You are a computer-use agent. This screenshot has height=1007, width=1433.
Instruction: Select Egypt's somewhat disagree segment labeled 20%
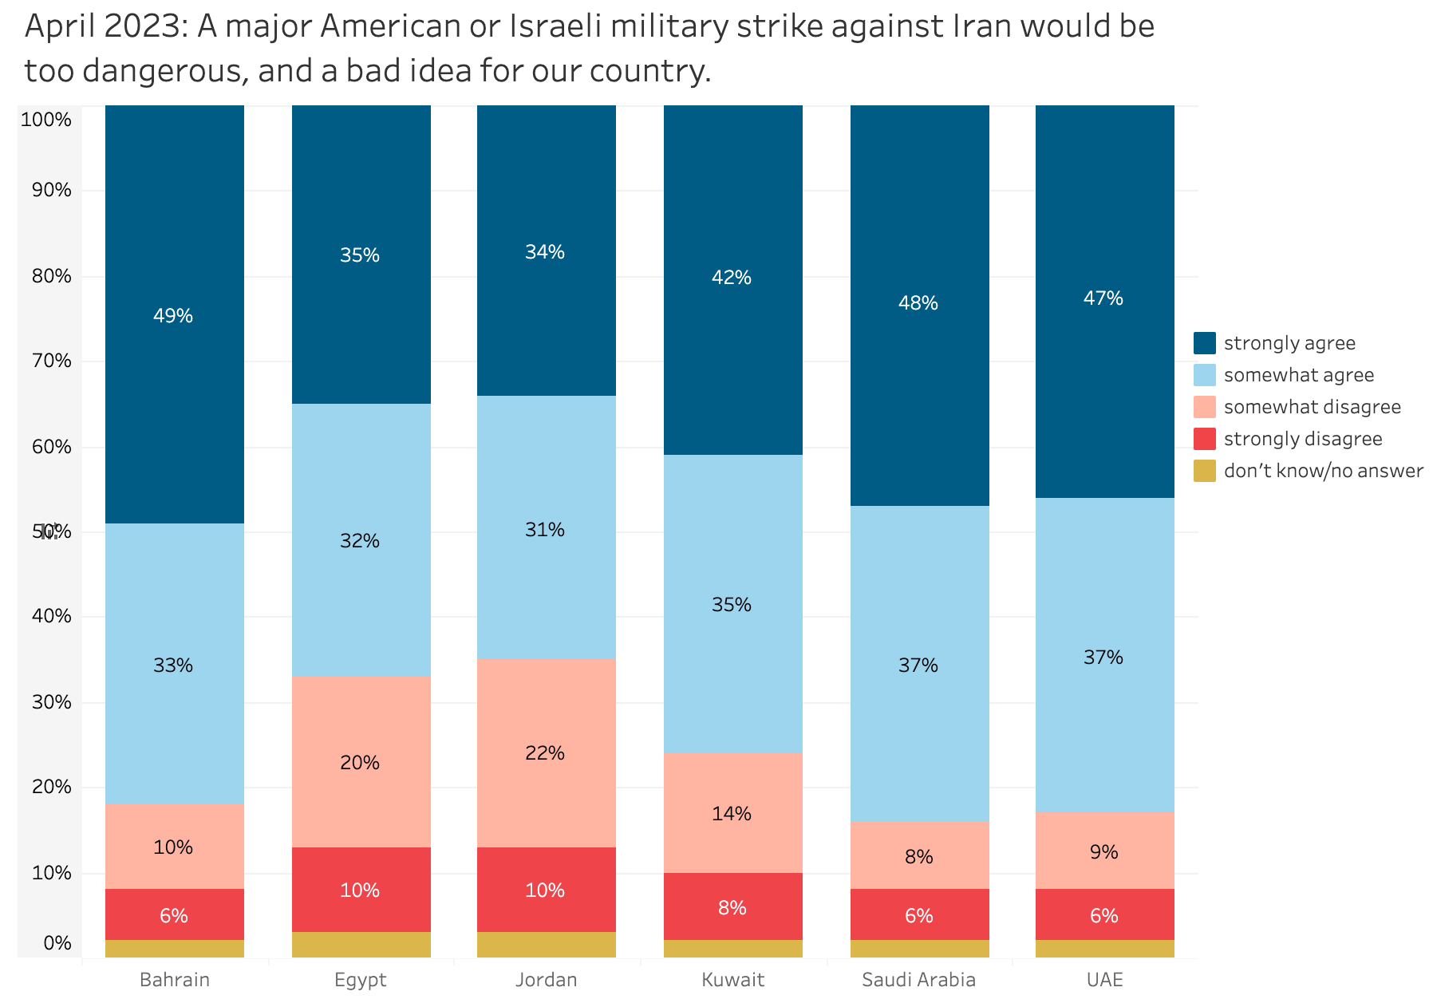coord(361,762)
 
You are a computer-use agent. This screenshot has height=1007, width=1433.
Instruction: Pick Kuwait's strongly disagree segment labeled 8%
coord(732,906)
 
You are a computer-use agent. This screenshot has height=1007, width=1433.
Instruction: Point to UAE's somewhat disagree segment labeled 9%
coord(1104,851)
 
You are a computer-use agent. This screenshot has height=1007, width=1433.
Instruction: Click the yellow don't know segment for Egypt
coord(361,945)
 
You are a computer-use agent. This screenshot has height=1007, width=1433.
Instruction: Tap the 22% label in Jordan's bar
coord(546,752)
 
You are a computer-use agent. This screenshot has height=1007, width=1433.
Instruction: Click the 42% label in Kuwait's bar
coord(732,277)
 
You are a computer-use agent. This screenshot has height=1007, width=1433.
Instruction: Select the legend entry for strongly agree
coord(1289,343)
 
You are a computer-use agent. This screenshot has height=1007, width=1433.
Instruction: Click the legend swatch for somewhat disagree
coord(1205,407)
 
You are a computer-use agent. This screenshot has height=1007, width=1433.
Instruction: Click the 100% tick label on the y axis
coord(46,120)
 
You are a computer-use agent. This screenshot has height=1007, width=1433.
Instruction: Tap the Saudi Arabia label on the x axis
coord(918,980)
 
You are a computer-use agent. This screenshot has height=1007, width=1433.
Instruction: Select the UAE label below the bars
coord(1104,980)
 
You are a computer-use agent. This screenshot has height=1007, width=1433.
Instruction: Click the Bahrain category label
coord(174,980)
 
